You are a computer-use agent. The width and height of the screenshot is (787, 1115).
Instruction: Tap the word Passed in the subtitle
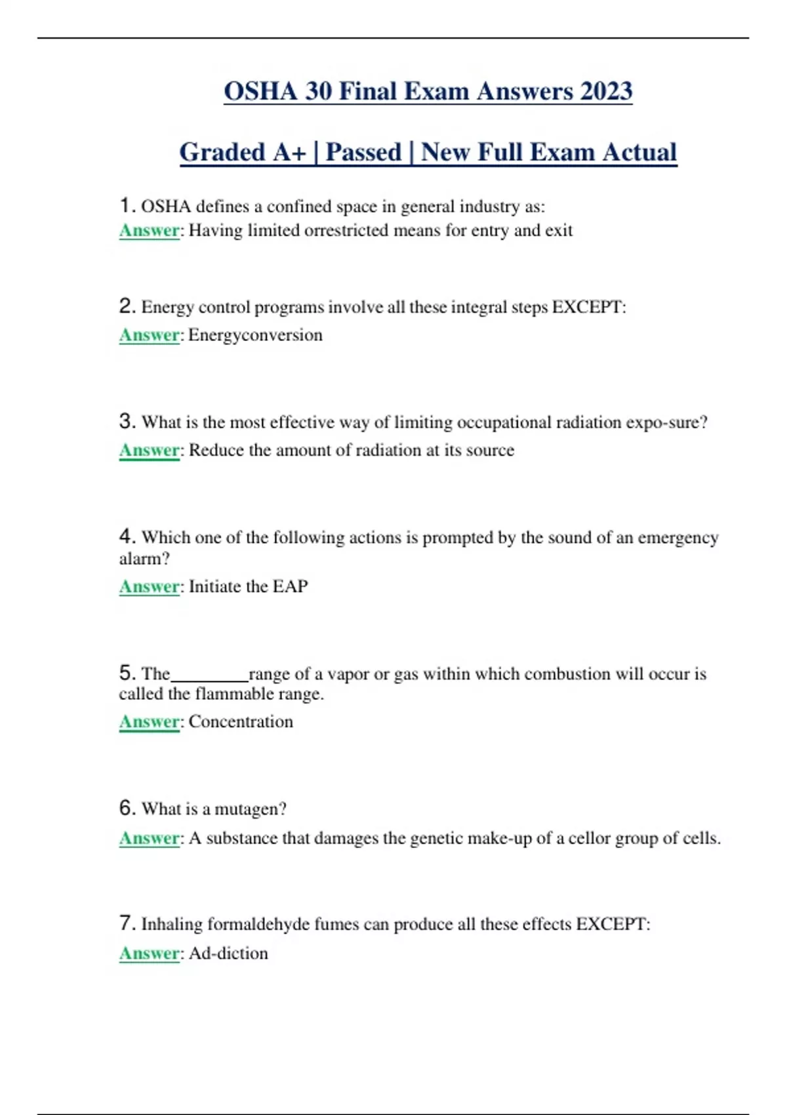click(363, 152)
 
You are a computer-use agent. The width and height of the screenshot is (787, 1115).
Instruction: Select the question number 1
click(127, 206)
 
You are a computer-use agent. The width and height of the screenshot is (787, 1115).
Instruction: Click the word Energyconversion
click(255, 335)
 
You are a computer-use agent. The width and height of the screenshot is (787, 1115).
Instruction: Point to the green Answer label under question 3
click(149, 451)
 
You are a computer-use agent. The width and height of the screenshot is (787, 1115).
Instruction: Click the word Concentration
click(241, 721)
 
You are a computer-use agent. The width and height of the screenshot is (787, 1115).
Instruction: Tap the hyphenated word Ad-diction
click(228, 953)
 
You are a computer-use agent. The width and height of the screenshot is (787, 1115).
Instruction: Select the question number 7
click(127, 923)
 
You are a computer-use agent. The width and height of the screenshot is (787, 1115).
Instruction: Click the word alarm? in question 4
click(144, 559)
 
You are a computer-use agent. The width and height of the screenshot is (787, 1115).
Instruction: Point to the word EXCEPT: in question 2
click(589, 307)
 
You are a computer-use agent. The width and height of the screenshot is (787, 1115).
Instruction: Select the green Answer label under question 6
click(149, 838)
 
